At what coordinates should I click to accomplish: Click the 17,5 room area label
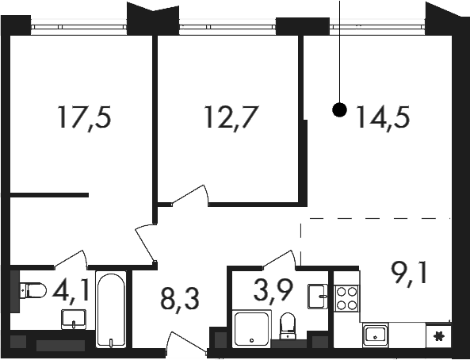tap(85, 117)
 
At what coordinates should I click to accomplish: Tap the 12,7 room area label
tap(231, 117)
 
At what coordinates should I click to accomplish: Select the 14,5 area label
tap(383, 117)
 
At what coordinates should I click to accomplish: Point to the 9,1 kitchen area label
tap(409, 274)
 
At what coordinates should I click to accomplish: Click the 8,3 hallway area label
tap(180, 300)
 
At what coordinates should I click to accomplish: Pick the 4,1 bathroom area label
tap(71, 290)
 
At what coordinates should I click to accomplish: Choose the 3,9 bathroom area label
tap(273, 290)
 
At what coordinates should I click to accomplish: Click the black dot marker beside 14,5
tap(339, 109)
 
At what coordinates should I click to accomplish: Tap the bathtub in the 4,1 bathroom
tap(111, 309)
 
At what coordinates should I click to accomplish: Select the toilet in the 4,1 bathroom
tap(33, 290)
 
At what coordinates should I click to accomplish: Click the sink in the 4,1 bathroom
tap(74, 320)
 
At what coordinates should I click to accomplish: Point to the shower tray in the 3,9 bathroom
tap(251, 328)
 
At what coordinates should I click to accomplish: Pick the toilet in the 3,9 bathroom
tap(288, 326)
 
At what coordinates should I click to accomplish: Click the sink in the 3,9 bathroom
tap(318, 297)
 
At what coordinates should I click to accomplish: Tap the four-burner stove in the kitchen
tap(347, 298)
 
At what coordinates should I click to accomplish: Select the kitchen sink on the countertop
tap(375, 335)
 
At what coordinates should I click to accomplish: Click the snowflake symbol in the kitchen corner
tap(438, 336)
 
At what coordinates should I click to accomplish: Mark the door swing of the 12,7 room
tap(190, 195)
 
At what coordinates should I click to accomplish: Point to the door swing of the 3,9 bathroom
tap(280, 259)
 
